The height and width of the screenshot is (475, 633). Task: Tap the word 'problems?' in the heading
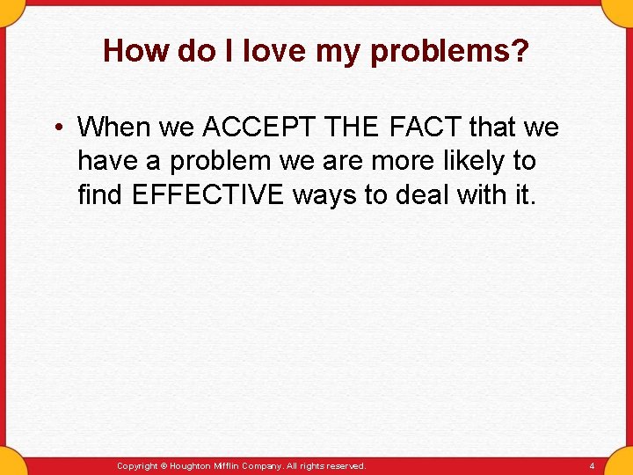pyautogui.click(x=450, y=53)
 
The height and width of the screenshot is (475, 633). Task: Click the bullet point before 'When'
pyautogui.click(x=55, y=128)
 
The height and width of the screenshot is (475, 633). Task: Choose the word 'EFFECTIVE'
pyautogui.click(x=207, y=194)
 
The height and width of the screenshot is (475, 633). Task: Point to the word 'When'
pyautogui.click(x=114, y=128)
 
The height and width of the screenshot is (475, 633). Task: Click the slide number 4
pyautogui.click(x=592, y=465)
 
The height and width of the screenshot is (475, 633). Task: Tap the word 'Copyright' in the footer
pyautogui.click(x=137, y=465)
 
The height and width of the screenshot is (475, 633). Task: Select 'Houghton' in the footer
pyautogui.click(x=192, y=465)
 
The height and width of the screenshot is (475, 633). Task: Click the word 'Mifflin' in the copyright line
pyautogui.click(x=231, y=465)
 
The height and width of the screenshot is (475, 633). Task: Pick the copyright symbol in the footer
pyautogui.click(x=164, y=465)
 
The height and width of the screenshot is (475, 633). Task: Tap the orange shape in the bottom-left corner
pyautogui.click(x=11, y=464)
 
